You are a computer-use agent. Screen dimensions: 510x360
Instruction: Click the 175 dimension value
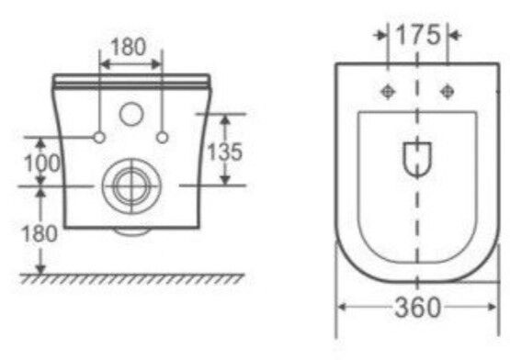coord(418,35)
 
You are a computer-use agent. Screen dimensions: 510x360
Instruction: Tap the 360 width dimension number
coord(418,308)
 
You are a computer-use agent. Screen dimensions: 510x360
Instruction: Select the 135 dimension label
coord(225,152)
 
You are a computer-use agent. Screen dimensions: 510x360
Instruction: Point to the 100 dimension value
coord(42,163)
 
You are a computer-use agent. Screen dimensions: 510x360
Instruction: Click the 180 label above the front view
coord(128,47)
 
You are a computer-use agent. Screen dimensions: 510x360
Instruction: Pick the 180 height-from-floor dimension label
coord(40,233)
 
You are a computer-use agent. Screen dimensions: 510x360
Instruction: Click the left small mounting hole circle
coord(99,138)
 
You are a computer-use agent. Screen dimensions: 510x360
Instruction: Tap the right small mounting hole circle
coord(163,138)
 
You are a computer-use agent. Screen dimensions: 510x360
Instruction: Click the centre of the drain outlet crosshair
coord(131,186)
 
